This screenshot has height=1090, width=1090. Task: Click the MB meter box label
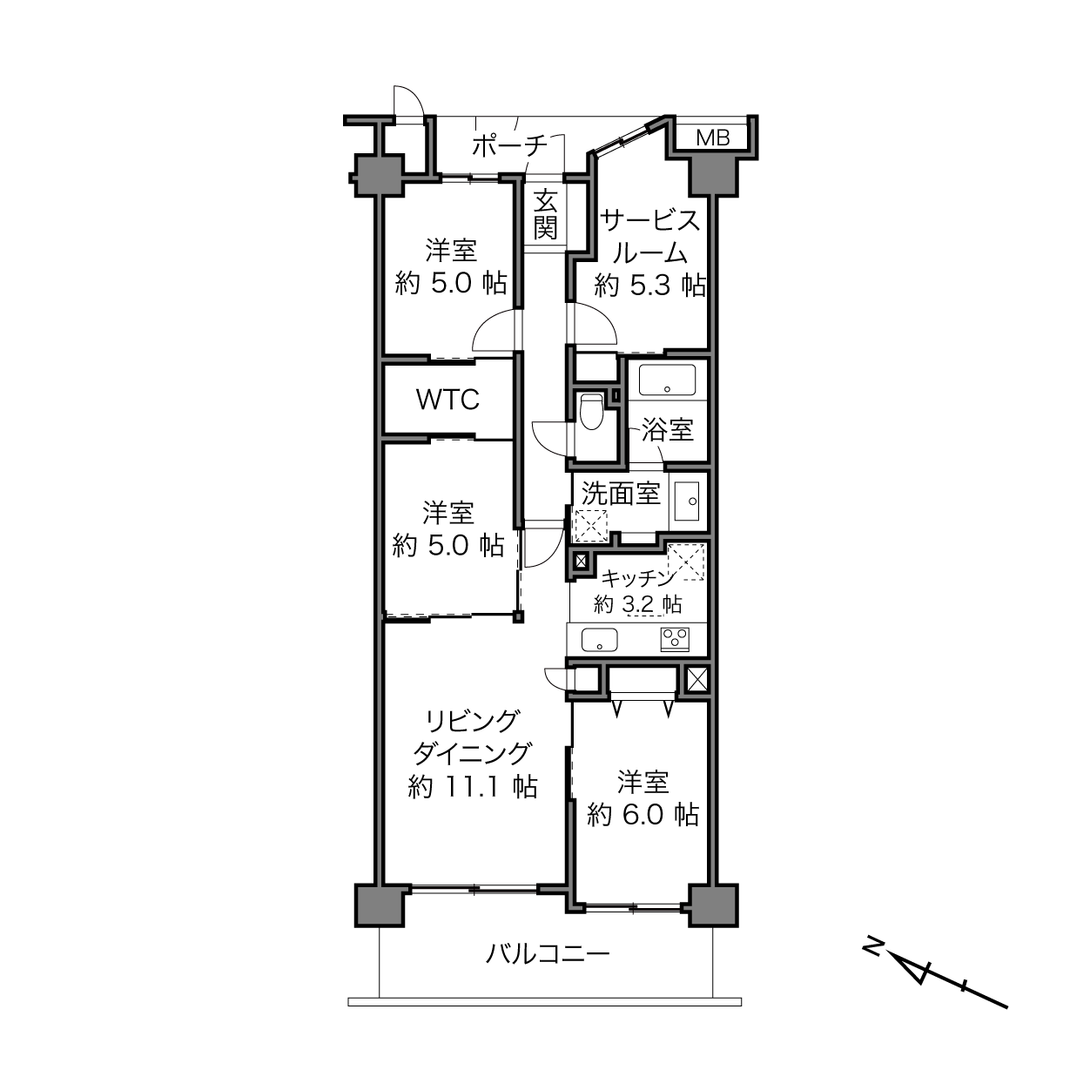[712, 138]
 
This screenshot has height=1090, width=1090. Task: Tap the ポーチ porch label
[509, 146]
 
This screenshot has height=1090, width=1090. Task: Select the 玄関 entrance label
[545, 216]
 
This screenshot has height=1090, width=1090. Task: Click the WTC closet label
[447, 400]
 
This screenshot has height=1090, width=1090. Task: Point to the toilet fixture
[591, 411]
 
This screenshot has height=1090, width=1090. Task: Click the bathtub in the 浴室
[667, 380]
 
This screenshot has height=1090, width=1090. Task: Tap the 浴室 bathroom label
[668, 430]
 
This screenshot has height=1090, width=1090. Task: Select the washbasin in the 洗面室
[687, 501]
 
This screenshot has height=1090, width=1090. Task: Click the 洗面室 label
[621, 494]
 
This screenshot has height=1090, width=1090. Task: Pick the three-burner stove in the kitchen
[675, 640]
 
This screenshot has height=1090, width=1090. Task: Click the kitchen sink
[599, 640]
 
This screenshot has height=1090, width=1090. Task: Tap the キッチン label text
[638, 578]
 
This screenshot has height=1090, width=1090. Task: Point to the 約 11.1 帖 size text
[473, 786]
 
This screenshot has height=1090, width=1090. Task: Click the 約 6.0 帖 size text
[643, 815]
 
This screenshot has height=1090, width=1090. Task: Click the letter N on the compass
[874, 946]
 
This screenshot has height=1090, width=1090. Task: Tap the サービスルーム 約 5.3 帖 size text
[650, 285]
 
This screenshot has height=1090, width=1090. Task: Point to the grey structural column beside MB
[713, 176]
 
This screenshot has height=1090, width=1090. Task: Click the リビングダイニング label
[473, 737]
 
